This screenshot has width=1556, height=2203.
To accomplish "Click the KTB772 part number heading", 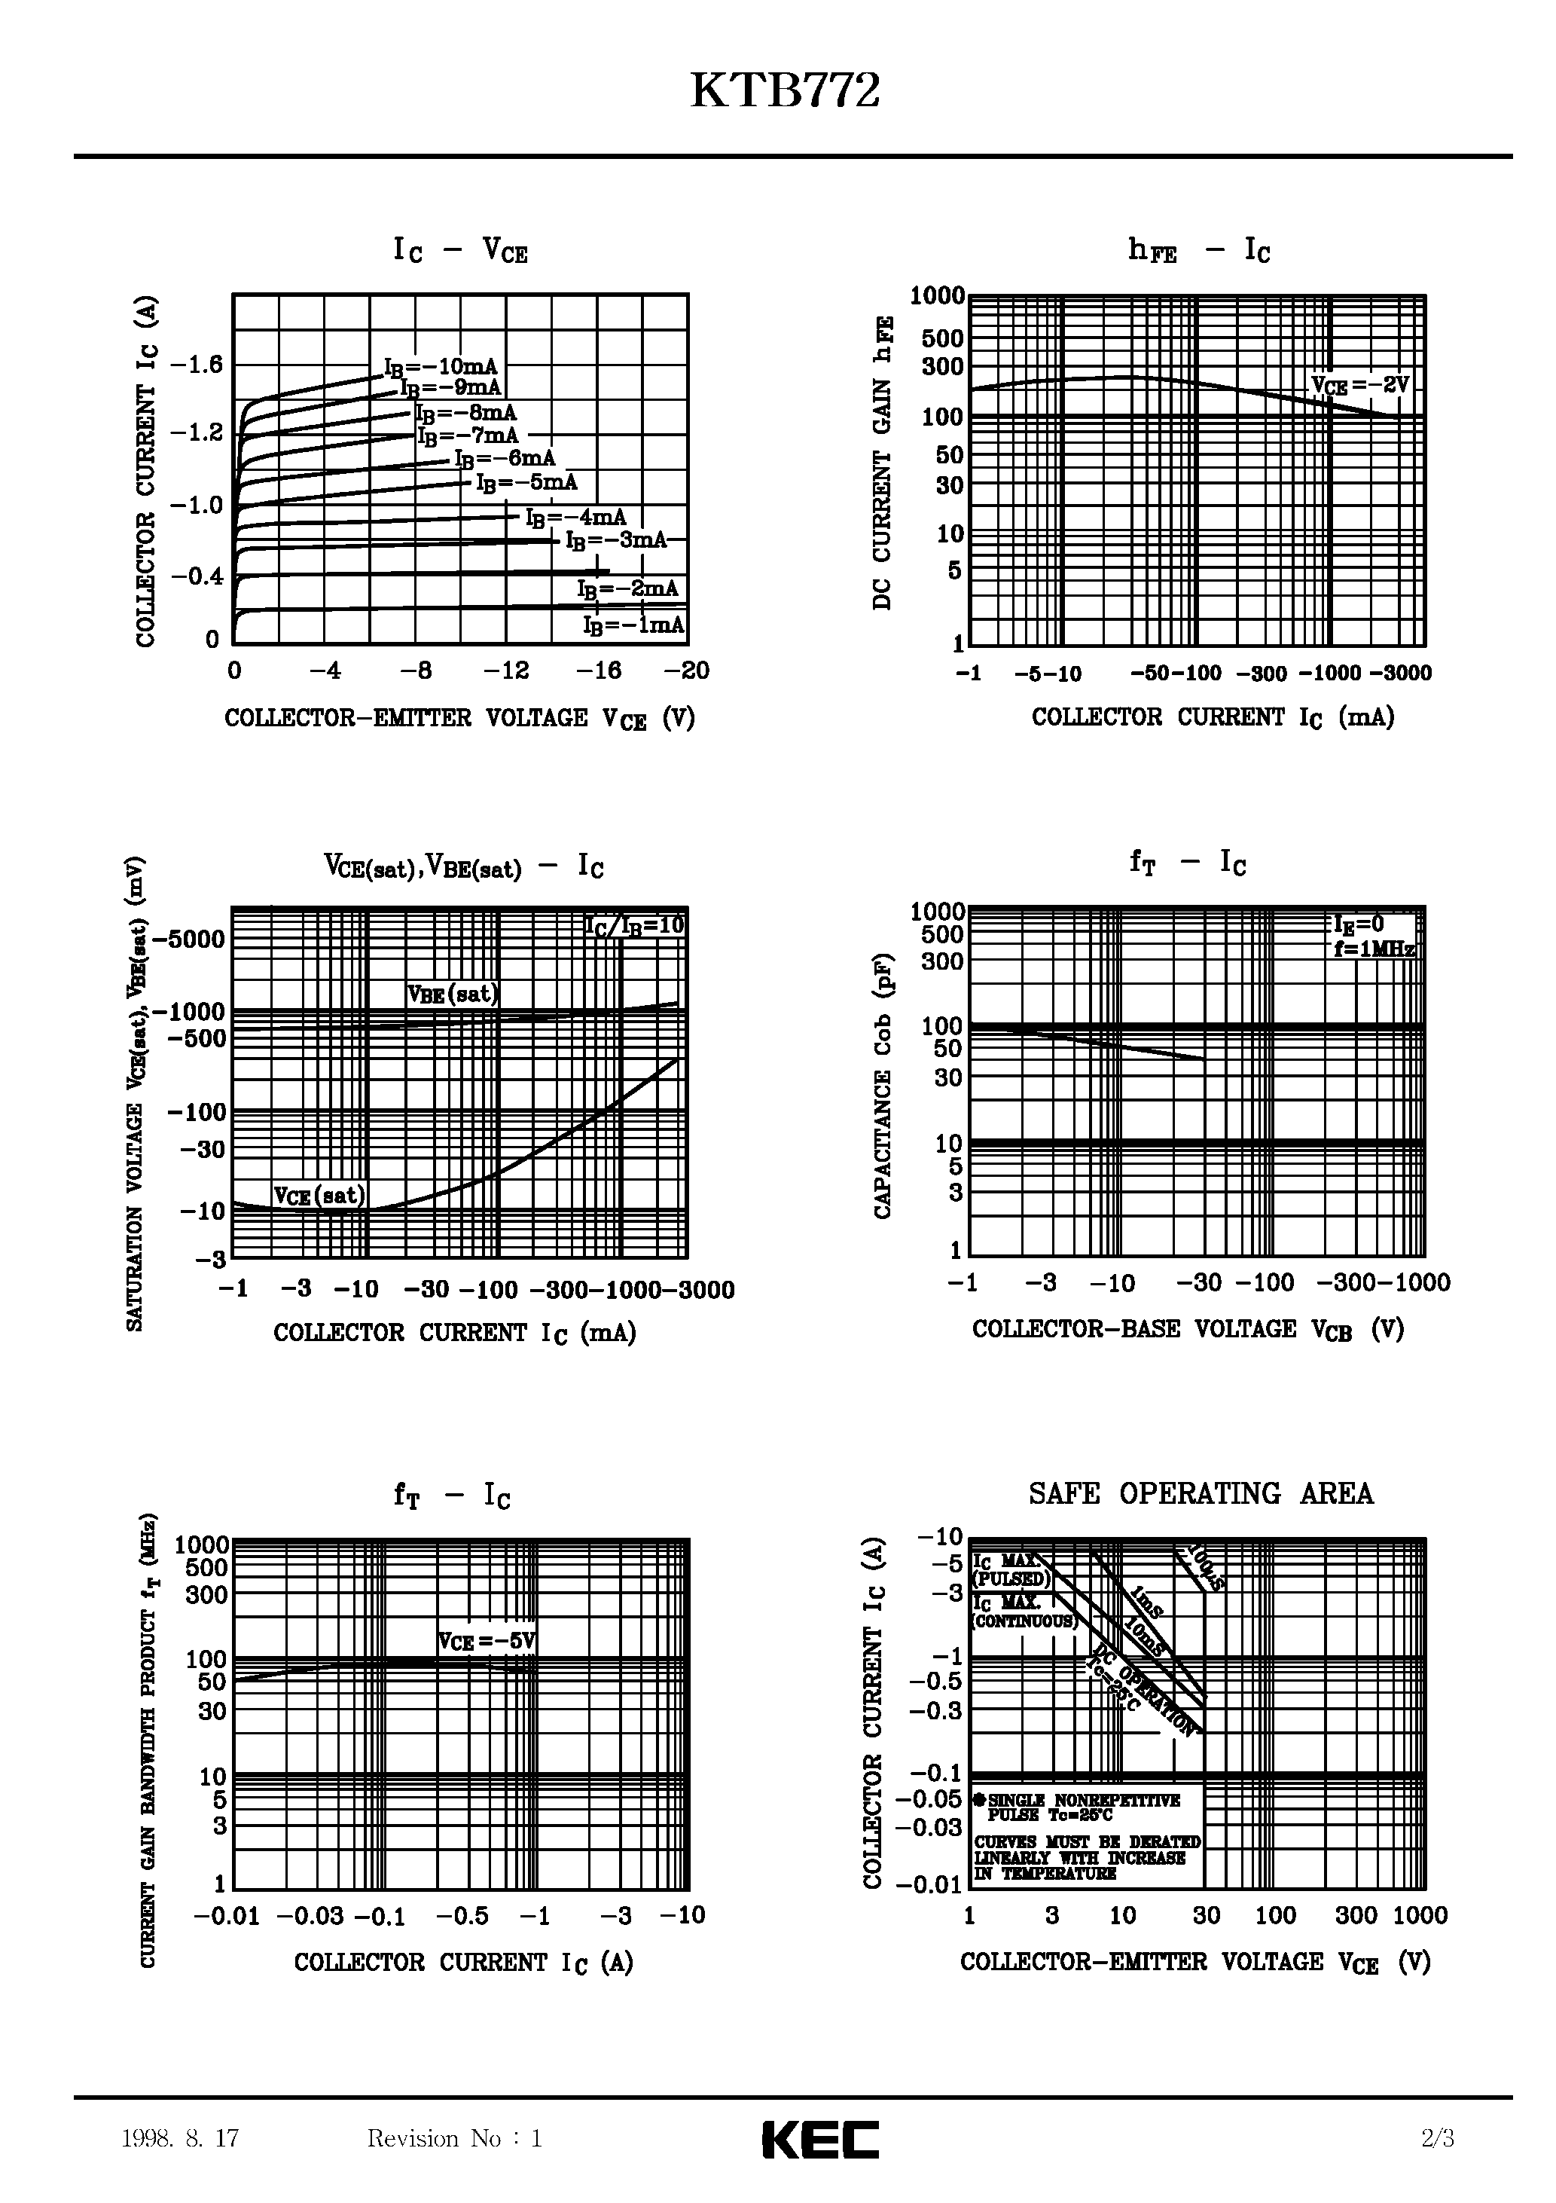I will pos(785,92).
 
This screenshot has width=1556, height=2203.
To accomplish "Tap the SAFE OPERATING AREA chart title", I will pos(1200,1494).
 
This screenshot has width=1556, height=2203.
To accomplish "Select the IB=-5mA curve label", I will pos(526,483).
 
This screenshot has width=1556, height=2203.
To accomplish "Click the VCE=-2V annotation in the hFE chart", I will pos(1360,386).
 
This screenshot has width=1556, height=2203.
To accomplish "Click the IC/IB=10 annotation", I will pos(635,925).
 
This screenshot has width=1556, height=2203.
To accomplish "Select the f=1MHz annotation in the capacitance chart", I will pos(1374,949).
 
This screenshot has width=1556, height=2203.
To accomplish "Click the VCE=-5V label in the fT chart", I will pos(487,1642).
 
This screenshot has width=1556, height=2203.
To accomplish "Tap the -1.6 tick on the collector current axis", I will pos(196,365).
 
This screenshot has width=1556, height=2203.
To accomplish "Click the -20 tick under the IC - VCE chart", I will pos(687,671).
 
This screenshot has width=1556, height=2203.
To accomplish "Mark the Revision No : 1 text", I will pos(455,2137).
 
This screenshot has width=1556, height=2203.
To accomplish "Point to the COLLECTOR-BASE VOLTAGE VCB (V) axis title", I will pos(1188,1330).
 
